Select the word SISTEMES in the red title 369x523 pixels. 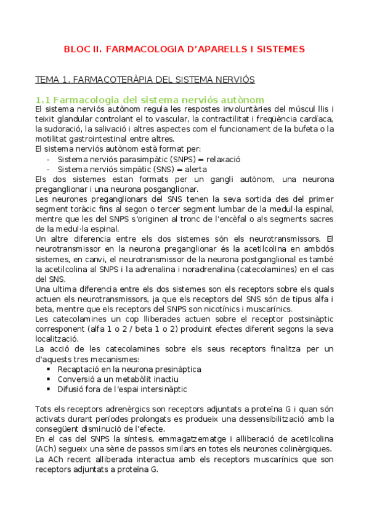(274, 49)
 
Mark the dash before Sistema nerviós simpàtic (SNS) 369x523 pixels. (48, 168)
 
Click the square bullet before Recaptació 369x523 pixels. (48, 369)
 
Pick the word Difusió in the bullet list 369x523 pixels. (71, 389)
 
